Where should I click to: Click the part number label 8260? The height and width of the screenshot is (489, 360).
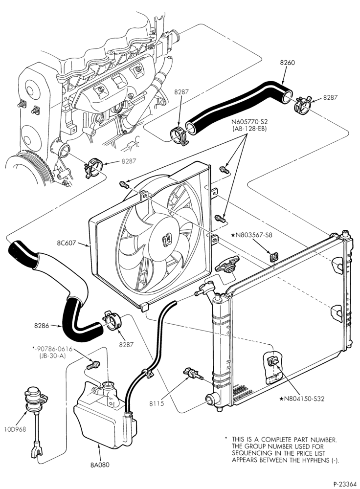[x=287, y=63]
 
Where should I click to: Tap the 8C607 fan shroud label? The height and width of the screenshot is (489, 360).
[x=66, y=243]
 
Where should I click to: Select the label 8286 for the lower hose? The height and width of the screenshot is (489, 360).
[x=42, y=326]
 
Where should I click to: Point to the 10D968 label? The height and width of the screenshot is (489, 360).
[x=15, y=429]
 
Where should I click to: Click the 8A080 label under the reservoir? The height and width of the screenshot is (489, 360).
[x=100, y=465]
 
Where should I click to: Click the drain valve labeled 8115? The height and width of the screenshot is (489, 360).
[x=193, y=373]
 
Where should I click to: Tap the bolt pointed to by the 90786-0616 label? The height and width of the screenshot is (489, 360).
[x=93, y=365]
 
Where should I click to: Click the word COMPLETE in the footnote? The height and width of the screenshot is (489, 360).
[x=274, y=440]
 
